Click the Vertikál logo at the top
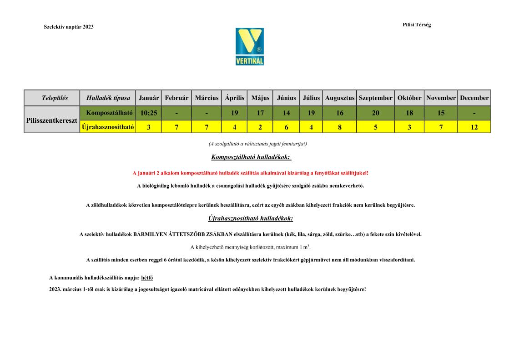pyautogui.click(x=249, y=46)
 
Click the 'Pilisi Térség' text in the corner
pyautogui.click(x=416, y=25)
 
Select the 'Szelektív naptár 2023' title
pyautogui.click(x=69, y=27)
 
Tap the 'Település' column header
pyautogui.click(x=52, y=98)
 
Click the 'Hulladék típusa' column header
pyautogui.click(x=108, y=98)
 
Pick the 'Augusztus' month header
pyautogui.click(x=340, y=98)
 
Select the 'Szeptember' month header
pyautogui.click(x=375, y=98)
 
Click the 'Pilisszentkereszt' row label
pyautogui.click(x=52, y=120)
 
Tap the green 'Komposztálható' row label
pyautogui.click(x=108, y=113)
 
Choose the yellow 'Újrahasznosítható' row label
pyautogui.click(x=108, y=127)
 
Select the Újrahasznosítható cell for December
pyautogui.click(x=474, y=127)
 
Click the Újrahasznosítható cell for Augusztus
pyautogui.click(x=340, y=127)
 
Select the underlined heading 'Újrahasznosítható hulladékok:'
pyautogui.click(x=251, y=218)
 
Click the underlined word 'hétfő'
pyautogui.click(x=147, y=277)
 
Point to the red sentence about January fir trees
pyautogui.click(x=251, y=173)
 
